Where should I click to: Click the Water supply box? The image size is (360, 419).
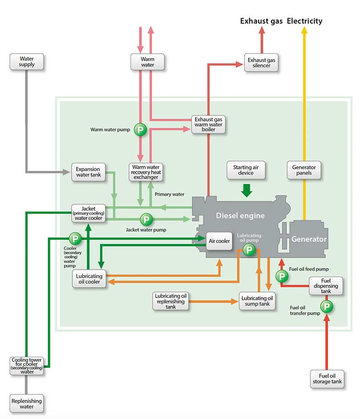26,62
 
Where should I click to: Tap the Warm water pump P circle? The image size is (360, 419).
141,130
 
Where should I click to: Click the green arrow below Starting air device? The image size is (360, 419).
247,190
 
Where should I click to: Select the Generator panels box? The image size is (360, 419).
304,170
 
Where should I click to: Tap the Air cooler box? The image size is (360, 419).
220,241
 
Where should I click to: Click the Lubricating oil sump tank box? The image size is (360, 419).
258,301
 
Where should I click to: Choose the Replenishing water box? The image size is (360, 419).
27,404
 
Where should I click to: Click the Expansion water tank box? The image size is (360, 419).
88,172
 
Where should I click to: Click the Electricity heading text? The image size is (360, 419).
305,21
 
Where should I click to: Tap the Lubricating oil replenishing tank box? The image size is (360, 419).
170,301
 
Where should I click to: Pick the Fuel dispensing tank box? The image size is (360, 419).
326,285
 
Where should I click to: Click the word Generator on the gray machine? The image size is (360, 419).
309,239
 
